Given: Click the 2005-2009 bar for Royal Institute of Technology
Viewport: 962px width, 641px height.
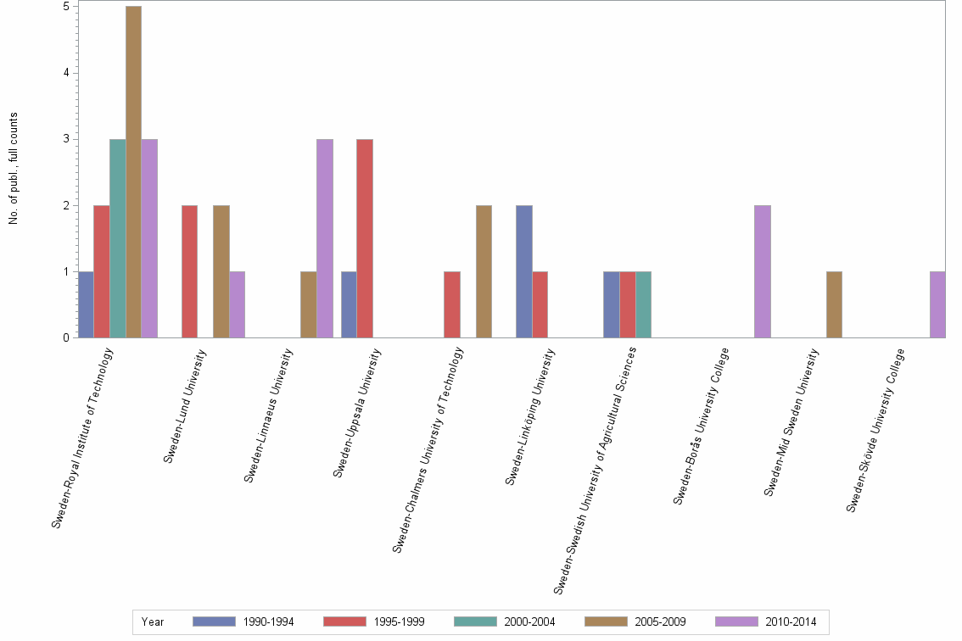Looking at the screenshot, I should click(x=133, y=172).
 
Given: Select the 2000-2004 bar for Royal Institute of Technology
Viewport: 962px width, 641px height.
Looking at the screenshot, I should click(x=117, y=238).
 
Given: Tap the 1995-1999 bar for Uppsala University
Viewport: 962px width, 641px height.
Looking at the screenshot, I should click(x=366, y=238).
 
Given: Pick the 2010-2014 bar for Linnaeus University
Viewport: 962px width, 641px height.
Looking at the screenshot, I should click(x=325, y=238).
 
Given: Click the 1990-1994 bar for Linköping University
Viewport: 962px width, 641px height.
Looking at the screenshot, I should click(x=524, y=271).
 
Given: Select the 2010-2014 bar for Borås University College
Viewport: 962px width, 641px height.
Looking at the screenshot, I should click(x=762, y=271).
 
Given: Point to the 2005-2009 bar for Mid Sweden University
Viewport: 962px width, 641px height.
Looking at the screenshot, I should click(x=834, y=304).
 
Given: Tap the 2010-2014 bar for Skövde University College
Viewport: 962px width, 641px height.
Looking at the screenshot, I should click(x=937, y=304).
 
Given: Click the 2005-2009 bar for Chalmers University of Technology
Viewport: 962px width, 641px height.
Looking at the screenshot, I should click(x=484, y=271).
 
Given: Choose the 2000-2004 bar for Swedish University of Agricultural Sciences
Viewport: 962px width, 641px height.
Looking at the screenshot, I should click(x=643, y=304).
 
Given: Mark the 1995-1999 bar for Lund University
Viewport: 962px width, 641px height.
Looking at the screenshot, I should click(x=189, y=271).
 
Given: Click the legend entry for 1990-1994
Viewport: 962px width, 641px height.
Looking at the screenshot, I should click(x=243, y=621).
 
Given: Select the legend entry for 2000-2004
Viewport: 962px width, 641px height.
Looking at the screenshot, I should click(x=505, y=621).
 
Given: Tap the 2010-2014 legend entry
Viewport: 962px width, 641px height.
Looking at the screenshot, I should click(x=766, y=621).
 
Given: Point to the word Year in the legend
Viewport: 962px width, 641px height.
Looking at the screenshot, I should click(x=153, y=622).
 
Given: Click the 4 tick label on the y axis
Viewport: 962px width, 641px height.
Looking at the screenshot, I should click(x=66, y=73).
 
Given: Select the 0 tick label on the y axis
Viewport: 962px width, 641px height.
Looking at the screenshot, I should click(x=66, y=338).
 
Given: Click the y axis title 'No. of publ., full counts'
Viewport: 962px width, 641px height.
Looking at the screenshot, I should click(x=14, y=168).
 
